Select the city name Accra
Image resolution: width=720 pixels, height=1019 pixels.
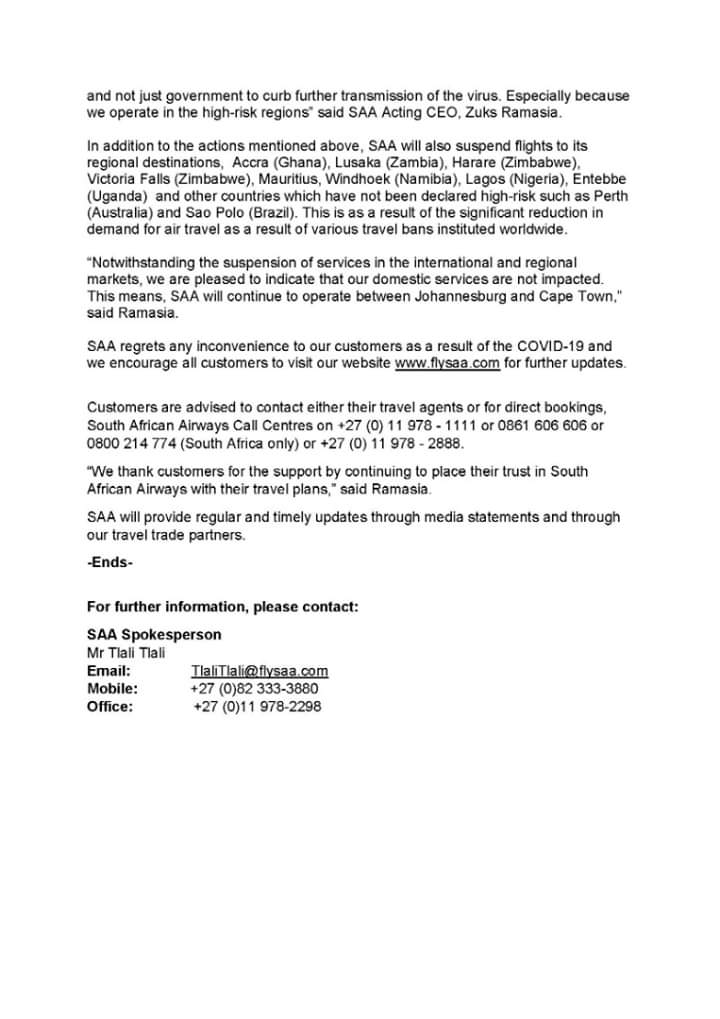click(251, 161)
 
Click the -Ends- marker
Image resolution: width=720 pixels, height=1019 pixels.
click(110, 562)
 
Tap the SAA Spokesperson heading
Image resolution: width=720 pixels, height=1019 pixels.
click(154, 634)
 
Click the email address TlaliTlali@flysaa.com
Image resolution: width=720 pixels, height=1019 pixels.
click(259, 671)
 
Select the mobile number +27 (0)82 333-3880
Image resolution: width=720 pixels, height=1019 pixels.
click(254, 689)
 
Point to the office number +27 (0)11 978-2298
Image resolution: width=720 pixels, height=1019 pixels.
click(257, 707)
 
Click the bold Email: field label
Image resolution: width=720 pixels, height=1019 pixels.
click(108, 671)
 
